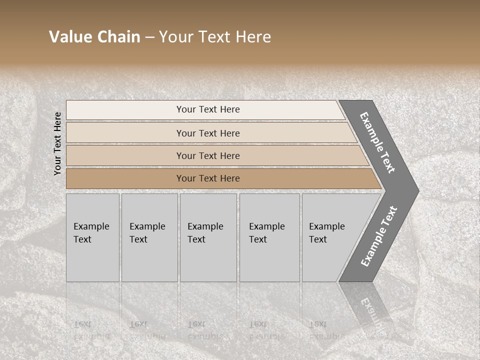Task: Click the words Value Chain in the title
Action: pyautogui.click(x=94, y=37)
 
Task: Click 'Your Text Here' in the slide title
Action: pyautogui.click(x=215, y=37)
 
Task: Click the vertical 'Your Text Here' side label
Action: pyautogui.click(x=58, y=143)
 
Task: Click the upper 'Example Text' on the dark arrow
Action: pyautogui.click(x=377, y=142)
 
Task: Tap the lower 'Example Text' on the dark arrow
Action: pyautogui.click(x=378, y=236)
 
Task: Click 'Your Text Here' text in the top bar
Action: pyautogui.click(x=208, y=109)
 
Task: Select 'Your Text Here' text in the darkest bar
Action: pyautogui.click(x=208, y=178)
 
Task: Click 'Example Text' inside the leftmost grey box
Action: pyautogui.click(x=91, y=232)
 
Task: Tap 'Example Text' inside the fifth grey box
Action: pyautogui.click(x=326, y=232)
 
